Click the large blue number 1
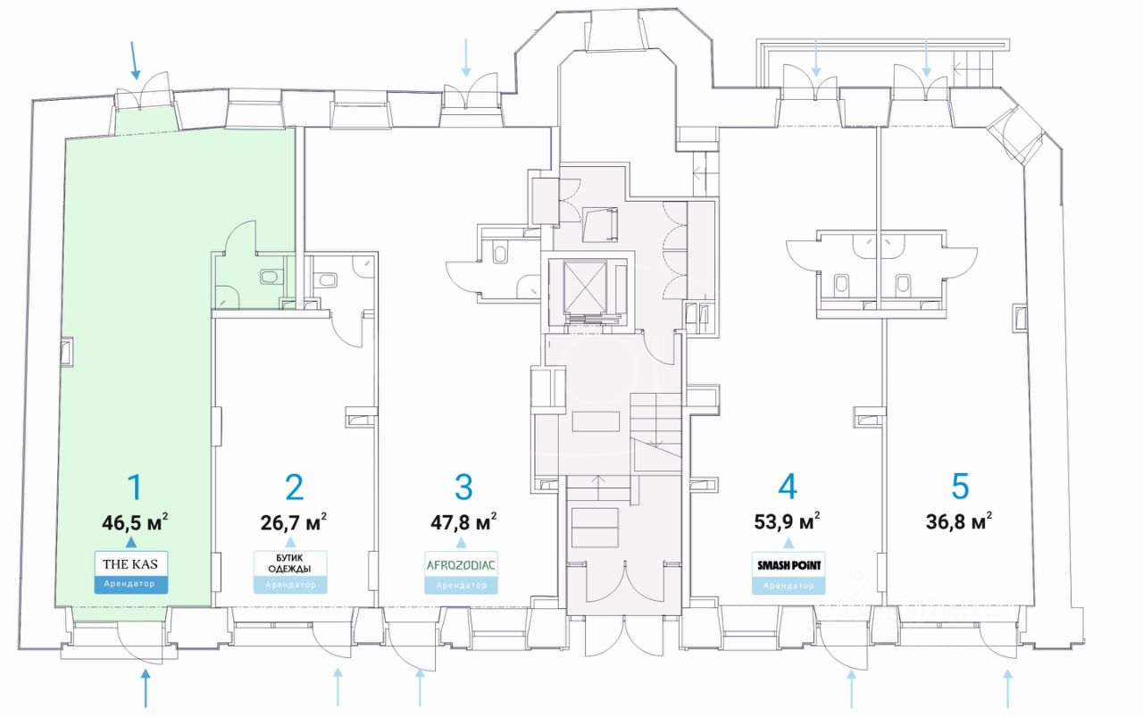click(x=134, y=488)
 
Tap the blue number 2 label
click(x=294, y=488)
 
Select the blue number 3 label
click(x=463, y=488)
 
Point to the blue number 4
click(x=787, y=488)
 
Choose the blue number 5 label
click(x=960, y=488)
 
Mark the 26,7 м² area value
click(x=292, y=521)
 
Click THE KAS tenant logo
click(x=130, y=563)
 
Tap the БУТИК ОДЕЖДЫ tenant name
click(x=289, y=564)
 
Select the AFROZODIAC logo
click(x=461, y=564)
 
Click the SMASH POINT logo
click(x=788, y=564)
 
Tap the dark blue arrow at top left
click(x=135, y=59)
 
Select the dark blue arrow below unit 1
click(x=146, y=689)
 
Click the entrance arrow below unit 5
click(x=1008, y=689)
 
